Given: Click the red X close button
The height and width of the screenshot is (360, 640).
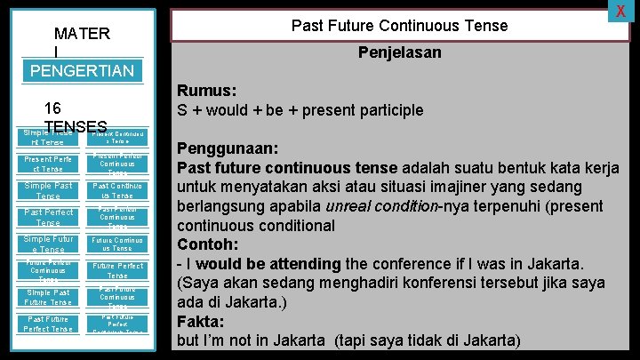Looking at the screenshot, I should [x=620, y=11].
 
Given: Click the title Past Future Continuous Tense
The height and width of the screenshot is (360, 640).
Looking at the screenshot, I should [x=399, y=26].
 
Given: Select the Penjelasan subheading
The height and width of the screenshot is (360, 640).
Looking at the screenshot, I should [x=399, y=53].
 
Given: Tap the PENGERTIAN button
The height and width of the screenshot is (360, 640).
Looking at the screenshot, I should [x=82, y=71].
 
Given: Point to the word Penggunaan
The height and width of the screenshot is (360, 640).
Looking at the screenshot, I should [x=228, y=148].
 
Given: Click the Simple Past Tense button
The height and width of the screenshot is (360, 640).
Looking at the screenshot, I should [x=49, y=191].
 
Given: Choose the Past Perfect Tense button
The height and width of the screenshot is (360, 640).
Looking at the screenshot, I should [x=49, y=217].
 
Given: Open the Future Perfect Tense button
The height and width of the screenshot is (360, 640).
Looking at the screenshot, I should [x=117, y=270].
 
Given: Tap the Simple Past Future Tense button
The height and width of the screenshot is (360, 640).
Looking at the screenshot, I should [x=49, y=297].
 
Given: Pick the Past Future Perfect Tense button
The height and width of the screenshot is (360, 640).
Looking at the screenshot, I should [x=49, y=324].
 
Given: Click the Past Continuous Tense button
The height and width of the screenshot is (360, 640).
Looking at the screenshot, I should [x=117, y=191].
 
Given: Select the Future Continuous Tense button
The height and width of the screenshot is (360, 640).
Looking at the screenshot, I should [x=117, y=244].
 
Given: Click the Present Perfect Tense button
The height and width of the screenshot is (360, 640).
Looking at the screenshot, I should [x=49, y=164].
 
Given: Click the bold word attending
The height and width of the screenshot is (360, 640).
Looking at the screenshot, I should [x=298, y=264].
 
